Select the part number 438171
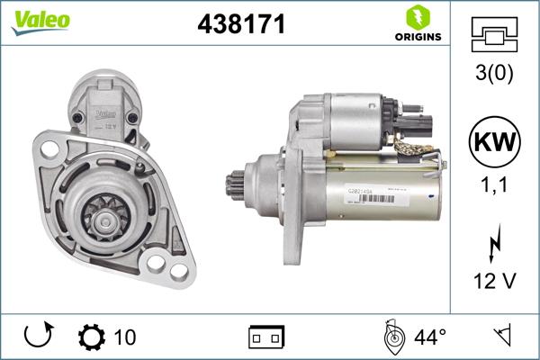(241, 24)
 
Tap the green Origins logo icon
(416, 17)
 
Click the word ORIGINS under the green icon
(416, 37)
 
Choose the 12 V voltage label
(494, 281)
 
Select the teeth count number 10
(125, 337)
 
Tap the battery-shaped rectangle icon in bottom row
(265, 337)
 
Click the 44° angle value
(430, 337)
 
